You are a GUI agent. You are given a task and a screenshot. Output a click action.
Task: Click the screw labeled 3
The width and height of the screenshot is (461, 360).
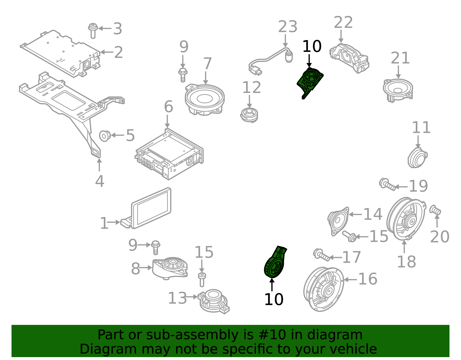pyautogui.click(x=93, y=30)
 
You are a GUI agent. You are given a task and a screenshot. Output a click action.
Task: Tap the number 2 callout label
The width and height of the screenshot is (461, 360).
pyautogui.click(x=118, y=52)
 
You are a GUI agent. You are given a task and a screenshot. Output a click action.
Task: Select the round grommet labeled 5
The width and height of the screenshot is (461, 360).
pyautogui.click(x=105, y=135)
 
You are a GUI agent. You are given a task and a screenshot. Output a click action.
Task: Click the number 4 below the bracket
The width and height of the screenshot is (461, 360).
pyautogui.click(x=99, y=181)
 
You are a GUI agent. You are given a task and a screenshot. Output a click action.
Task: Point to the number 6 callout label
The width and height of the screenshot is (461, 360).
pyautogui.click(x=168, y=107)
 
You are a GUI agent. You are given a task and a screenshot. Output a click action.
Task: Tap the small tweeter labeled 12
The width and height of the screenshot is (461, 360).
pyautogui.click(x=249, y=115)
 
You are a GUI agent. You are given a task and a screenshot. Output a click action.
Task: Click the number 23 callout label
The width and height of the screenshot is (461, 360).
pyautogui.click(x=287, y=27)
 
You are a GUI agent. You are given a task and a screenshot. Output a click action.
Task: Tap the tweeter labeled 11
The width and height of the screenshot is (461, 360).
pyautogui.click(x=417, y=158)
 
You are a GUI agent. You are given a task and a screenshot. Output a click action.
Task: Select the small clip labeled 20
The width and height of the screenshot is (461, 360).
pyautogui.click(x=435, y=210)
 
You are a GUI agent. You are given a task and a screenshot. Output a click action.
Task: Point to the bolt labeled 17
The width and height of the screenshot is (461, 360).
pyautogui.click(x=321, y=255)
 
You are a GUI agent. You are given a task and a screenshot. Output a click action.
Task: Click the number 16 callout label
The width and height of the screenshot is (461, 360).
pyautogui.click(x=367, y=279)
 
